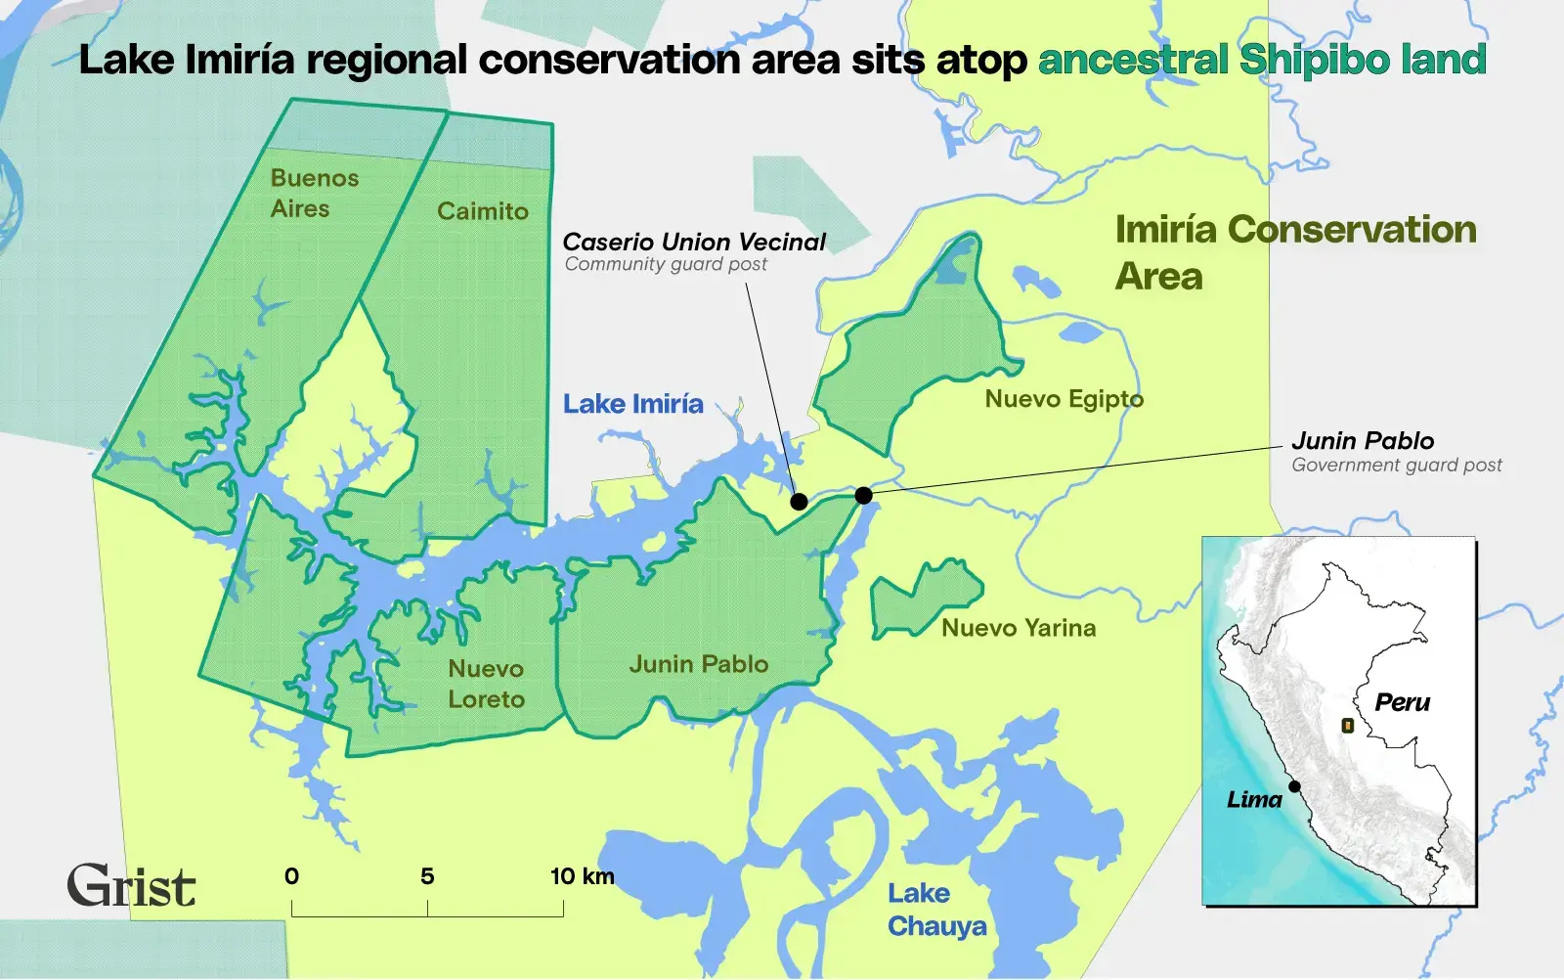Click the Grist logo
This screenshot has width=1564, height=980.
[x=131, y=886]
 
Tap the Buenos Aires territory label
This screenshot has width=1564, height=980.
[x=314, y=193]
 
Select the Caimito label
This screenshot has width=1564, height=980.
[x=482, y=211]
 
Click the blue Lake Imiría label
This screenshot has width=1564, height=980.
[x=632, y=404]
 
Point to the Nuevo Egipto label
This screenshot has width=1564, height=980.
[x=1064, y=399]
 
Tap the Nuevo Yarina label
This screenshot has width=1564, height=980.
[x=1019, y=628]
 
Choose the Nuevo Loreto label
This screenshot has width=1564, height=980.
[x=486, y=684]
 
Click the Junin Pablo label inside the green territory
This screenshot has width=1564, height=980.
[x=698, y=664]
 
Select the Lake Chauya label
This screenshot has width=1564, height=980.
[x=935, y=910]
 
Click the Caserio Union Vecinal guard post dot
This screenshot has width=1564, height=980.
[x=799, y=502]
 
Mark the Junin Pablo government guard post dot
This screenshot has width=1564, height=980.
[x=863, y=496]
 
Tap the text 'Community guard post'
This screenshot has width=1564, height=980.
[x=666, y=264]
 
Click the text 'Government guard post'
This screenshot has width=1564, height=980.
[x=1396, y=466]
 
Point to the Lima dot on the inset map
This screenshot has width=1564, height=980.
[x=1294, y=786]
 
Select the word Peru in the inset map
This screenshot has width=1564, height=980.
[x=1402, y=702]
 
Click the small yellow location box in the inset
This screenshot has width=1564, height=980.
[x=1347, y=726]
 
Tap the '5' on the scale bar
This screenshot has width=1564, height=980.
[x=427, y=876]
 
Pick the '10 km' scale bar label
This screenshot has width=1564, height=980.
[x=582, y=876]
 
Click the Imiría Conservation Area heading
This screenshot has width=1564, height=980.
[x=1294, y=251]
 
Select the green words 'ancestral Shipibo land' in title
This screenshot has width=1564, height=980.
[x=1261, y=60]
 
